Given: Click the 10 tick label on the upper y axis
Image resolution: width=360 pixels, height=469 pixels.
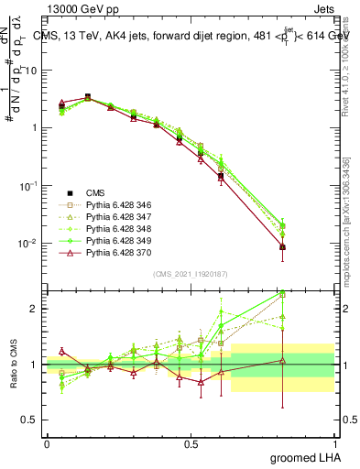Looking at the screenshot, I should (x=31, y=70).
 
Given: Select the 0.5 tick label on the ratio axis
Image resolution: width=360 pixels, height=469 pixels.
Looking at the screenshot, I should (x=31, y=420).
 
